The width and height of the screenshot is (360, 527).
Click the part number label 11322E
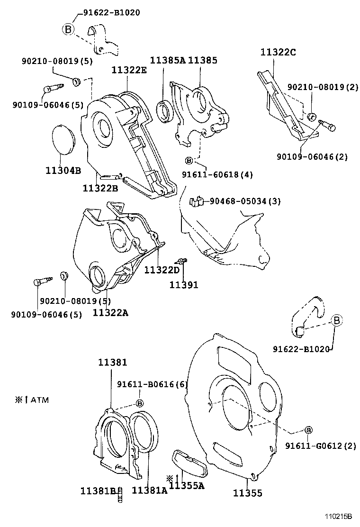point(129,71)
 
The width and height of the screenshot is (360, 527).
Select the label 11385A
point(168,61)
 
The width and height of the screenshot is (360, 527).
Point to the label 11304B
point(63,171)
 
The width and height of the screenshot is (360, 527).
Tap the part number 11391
point(184,285)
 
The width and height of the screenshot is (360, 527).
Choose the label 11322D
point(162,270)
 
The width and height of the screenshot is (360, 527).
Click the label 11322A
point(110,313)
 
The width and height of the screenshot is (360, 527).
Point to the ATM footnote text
point(32,400)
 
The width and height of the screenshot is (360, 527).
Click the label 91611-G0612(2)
point(320,446)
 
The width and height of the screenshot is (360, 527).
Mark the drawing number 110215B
point(338,517)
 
